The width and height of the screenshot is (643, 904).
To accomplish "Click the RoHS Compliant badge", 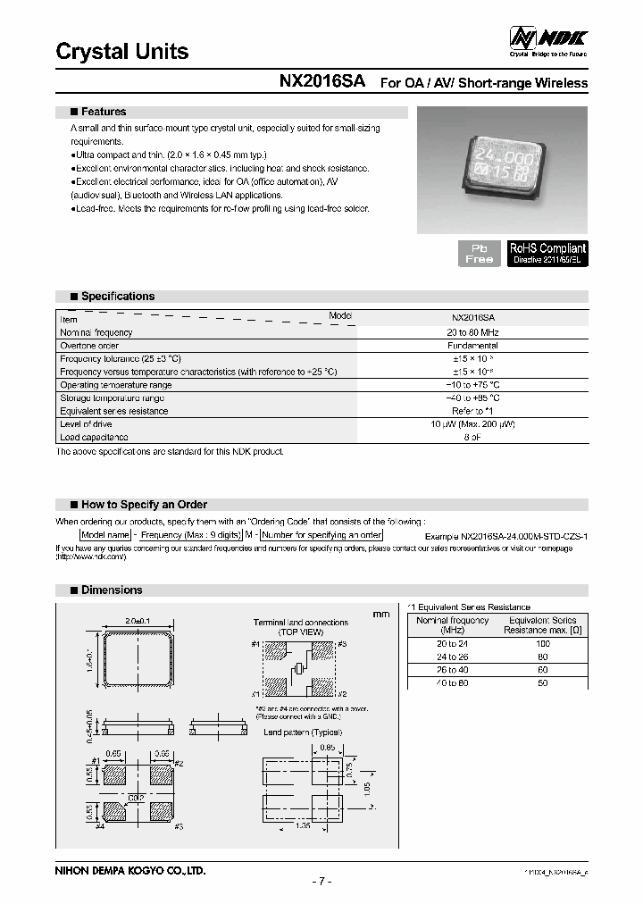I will (547, 253).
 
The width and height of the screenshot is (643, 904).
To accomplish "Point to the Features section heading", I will (104, 113).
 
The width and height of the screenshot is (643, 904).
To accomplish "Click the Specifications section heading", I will (118, 297).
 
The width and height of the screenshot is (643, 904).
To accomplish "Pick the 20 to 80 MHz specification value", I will (474, 332).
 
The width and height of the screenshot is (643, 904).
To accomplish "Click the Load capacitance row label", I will (94, 438).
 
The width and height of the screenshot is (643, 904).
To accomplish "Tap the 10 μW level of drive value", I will (474, 424).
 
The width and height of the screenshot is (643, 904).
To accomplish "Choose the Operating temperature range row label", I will (115, 385).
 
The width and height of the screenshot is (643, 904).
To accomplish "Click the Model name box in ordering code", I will (106, 535).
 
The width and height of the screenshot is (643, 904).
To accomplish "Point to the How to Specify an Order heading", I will (144, 505).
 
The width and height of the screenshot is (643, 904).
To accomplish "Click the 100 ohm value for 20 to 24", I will (541, 643).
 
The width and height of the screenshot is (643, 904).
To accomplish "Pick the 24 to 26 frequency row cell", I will (452, 657).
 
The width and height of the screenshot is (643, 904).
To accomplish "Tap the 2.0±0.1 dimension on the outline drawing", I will (137, 620).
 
